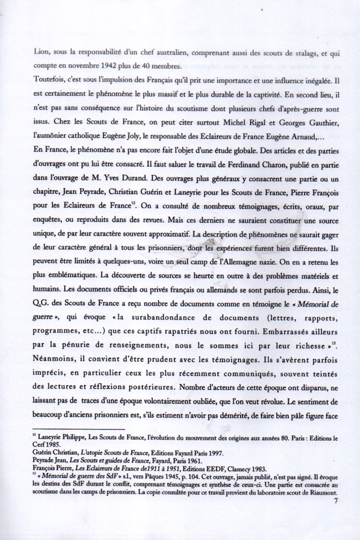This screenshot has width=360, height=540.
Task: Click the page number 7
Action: click(336, 500)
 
